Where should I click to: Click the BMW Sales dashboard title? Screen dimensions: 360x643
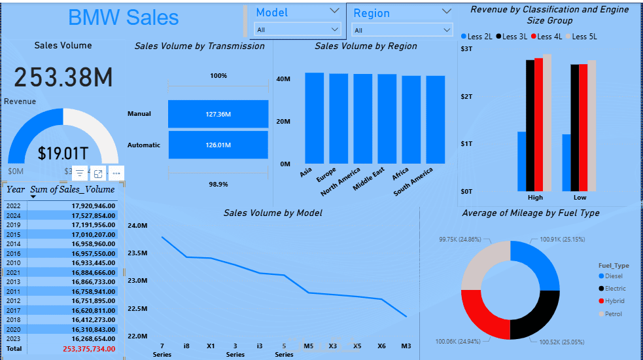point(123,17)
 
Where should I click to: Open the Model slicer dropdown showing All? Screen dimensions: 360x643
point(298,29)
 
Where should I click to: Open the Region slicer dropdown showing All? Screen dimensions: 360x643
point(402,30)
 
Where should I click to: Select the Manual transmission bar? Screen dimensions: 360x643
point(218,114)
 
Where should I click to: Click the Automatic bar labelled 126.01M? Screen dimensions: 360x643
point(218,145)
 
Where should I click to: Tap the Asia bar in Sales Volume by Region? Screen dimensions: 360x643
point(314,118)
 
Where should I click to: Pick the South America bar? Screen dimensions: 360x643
point(436,120)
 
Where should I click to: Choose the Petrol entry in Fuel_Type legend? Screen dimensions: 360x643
point(614,314)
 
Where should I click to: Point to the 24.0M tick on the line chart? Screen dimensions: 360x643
point(138,226)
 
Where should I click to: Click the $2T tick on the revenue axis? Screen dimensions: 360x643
point(466,97)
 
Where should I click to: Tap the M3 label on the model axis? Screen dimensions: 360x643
point(406,346)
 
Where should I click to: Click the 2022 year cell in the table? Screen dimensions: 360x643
point(14,206)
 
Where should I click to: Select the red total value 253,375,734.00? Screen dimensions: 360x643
point(89,349)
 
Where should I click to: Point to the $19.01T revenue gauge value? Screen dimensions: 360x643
point(63,154)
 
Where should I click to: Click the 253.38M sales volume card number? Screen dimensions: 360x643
point(63,77)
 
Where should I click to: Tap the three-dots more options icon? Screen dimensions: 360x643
point(116,173)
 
